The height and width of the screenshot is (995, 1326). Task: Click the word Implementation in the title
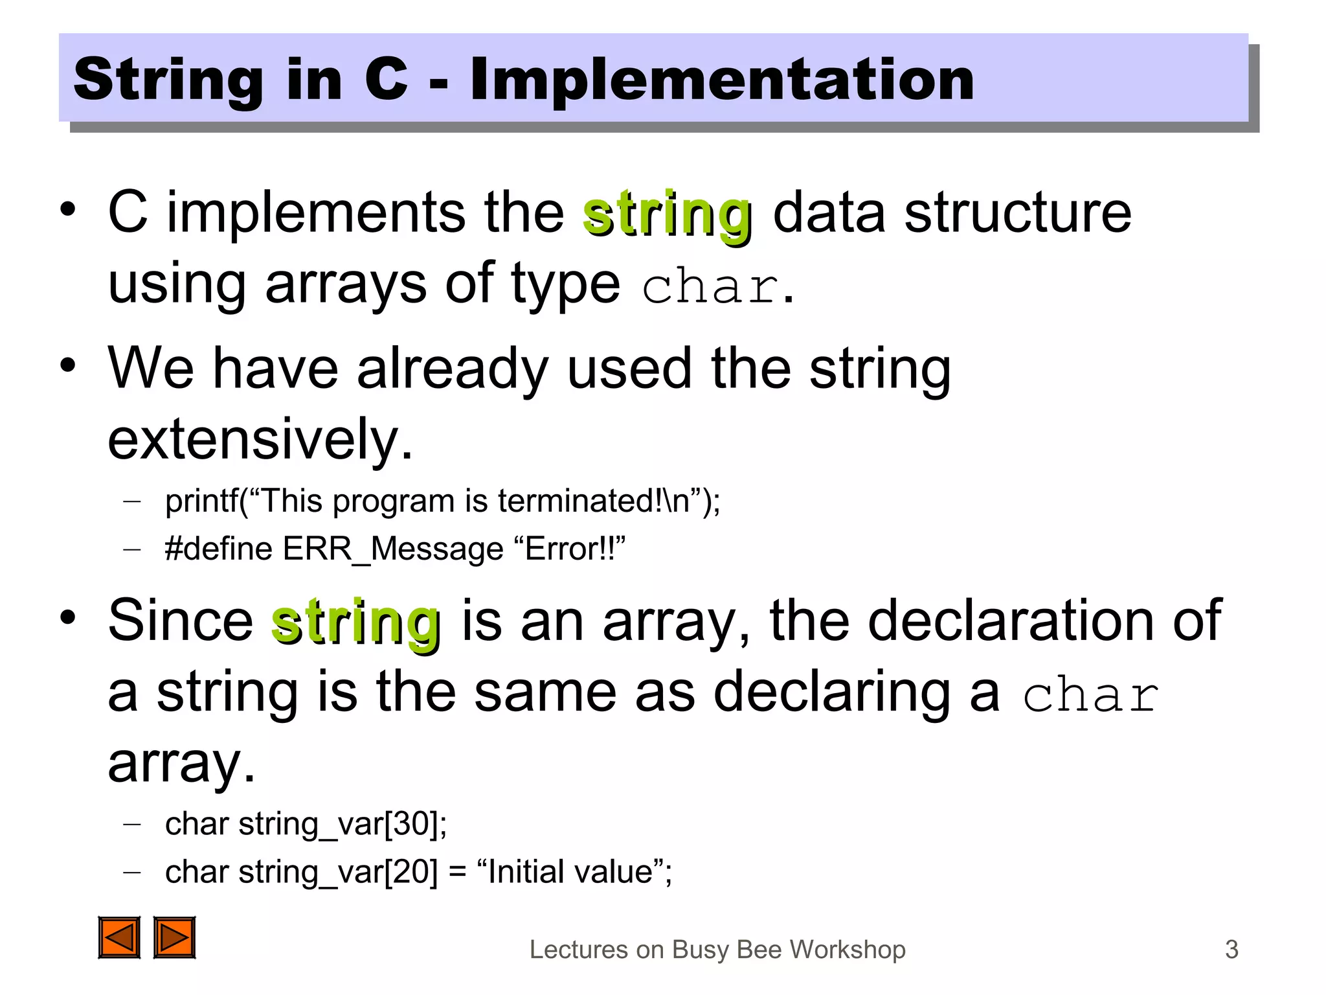(x=721, y=79)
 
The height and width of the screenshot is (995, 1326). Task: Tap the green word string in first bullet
(x=667, y=215)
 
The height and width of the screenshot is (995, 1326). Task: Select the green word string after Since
(x=356, y=623)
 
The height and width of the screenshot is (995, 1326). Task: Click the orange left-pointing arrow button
(x=119, y=937)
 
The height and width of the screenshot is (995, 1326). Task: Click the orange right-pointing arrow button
(x=174, y=937)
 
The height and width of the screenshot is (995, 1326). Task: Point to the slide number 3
(x=1231, y=950)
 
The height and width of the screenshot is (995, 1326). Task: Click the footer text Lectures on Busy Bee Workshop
(x=717, y=950)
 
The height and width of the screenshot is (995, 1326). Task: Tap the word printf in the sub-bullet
(x=201, y=501)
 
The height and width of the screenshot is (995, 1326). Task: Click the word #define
(x=219, y=549)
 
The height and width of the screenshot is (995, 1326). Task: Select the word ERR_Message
(x=393, y=549)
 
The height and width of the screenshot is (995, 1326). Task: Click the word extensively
(x=259, y=440)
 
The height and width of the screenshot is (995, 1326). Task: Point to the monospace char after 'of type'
(x=710, y=286)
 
